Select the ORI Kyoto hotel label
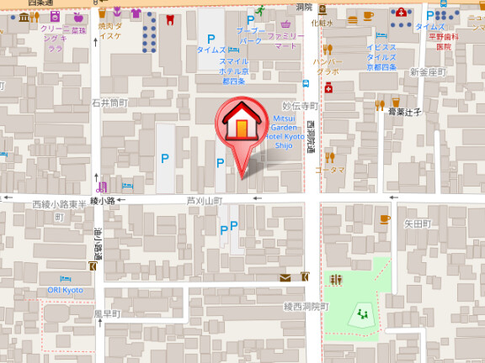pyautogui.click(x=65, y=290)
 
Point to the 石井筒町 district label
pyautogui.click(x=109, y=103)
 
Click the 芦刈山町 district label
pyautogui.click(x=204, y=202)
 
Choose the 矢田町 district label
pyautogui.click(x=417, y=224)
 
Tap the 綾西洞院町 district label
pyautogui.click(x=306, y=306)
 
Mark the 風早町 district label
pyautogui.click(x=107, y=314)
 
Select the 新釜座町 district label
pyautogui.click(x=426, y=72)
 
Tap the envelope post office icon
pyautogui.click(x=285, y=277)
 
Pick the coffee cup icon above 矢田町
pyautogui.click(x=385, y=218)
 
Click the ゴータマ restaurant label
pyautogui.click(x=330, y=170)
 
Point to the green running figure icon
pyautogui.click(x=261, y=10)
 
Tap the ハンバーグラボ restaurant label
pyautogui.click(x=328, y=66)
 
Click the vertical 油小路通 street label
pyautogui.click(x=98, y=244)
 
